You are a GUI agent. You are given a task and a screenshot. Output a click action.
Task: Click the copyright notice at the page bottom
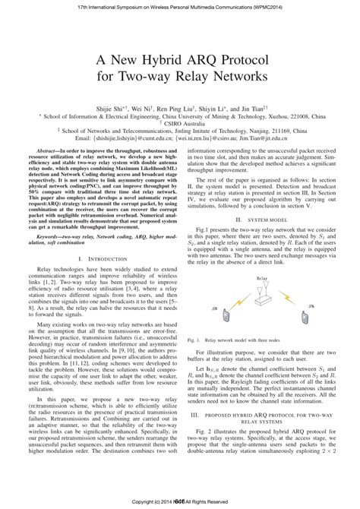click(180, 503)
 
